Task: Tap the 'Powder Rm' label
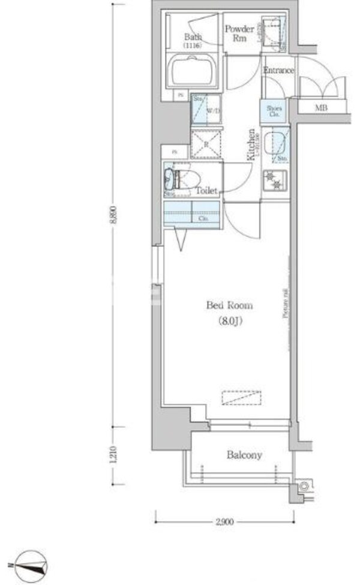[x=238, y=33]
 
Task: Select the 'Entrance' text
[x=278, y=71]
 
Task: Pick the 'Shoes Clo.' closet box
[x=274, y=111]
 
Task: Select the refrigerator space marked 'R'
[x=206, y=143]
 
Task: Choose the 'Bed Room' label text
[x=229, y=305]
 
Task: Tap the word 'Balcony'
[x=244, y=455]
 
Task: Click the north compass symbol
[x=28, y=565]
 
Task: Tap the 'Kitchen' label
[x=253, y=145]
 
